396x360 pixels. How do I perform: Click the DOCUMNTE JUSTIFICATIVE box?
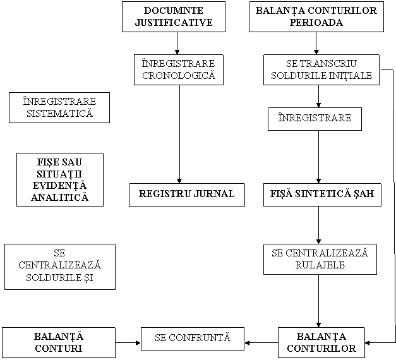point(174,16)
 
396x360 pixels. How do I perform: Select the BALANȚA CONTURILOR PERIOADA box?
point(316,16)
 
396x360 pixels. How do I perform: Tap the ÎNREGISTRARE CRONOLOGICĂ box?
point(179,69)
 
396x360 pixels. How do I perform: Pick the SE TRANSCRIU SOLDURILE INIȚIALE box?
point(321,69)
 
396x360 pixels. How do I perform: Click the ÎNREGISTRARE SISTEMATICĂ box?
point(59,107)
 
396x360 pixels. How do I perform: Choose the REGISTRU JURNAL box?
point(187,195)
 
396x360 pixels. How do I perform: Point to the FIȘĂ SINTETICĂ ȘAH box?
point(322,195)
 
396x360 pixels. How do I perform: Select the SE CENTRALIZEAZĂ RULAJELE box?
point(320,259)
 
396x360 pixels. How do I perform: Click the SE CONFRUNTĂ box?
point(193,339)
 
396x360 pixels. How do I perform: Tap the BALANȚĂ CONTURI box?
point(59,342)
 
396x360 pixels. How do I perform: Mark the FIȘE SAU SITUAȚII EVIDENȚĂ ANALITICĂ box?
point(60,179)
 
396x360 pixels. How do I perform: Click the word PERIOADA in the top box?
point(316,22)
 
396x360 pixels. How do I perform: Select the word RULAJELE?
point(320,265)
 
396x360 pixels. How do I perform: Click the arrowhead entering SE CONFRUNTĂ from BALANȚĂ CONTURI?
point(138,343)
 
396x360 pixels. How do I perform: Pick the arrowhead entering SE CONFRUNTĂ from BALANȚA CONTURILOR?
point(247,343)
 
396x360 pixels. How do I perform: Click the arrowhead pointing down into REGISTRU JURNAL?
point(179,181)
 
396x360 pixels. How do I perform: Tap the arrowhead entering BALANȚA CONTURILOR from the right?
point(368,343)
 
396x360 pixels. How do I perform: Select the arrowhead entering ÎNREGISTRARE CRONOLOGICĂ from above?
point(177,52)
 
